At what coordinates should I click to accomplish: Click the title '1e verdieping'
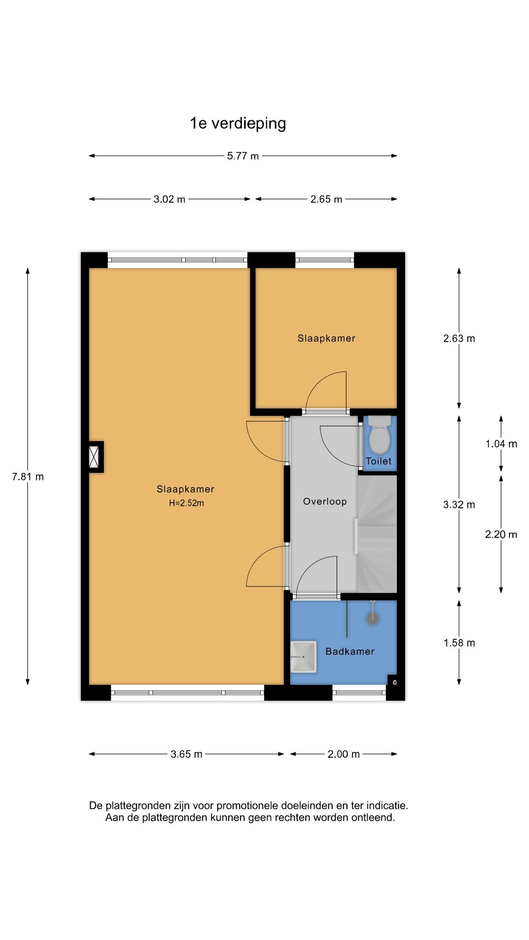[238, 123]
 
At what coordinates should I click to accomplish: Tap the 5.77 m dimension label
[243, 156]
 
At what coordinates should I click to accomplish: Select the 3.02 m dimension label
[169, 199]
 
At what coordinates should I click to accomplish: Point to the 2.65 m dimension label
[326, 199]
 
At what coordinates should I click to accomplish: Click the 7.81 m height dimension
[28, 476]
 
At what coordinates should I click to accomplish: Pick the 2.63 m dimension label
[459, 339]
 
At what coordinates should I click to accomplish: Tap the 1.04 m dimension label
[501, 444]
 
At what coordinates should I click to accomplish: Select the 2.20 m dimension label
[501, 534]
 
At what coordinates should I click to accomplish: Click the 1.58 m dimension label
[459, 643]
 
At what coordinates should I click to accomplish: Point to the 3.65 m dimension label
[186, 754]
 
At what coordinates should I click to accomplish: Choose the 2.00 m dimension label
[343, 754]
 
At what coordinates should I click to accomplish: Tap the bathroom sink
[304, 657]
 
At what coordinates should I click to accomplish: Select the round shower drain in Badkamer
[372, 619]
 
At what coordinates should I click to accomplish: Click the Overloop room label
[325, 502]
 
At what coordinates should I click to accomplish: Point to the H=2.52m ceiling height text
[186, 503]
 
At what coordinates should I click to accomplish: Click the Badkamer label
[350, 651]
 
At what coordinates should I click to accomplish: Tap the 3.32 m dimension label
[459, 505]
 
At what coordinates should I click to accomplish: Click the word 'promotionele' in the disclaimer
[246, 806]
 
